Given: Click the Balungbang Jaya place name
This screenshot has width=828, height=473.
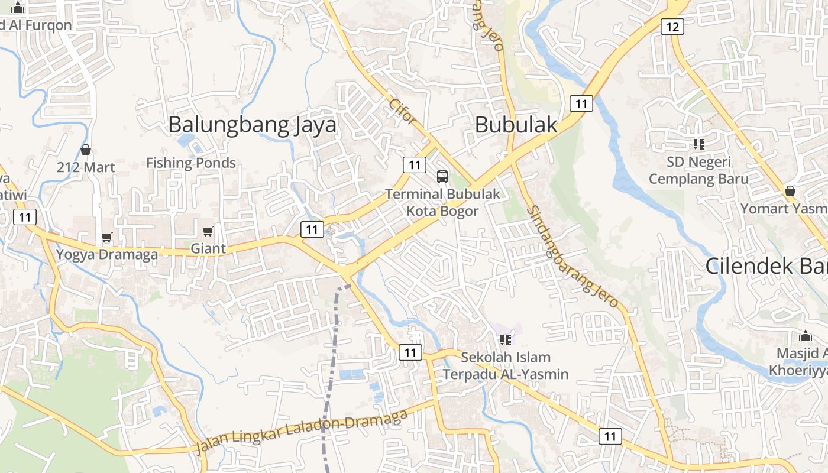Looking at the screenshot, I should pyautogui.click(x=252, y=125).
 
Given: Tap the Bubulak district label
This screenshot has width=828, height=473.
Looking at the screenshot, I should pyautogui.click(x=516, y=125).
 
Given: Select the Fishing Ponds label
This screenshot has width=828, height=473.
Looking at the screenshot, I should pyautogui.click(x=191, y=163).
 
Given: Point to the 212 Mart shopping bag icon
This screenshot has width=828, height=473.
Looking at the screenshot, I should pyautogui.click(x=86, y=150).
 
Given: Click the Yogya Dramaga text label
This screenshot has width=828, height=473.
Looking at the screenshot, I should pyautogui.click(x=107, y=255).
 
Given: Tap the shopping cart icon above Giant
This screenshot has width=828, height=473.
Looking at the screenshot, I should pyautogui.click(x=208, y=231).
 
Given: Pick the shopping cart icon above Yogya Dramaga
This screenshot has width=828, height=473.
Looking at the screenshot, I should pyautogui.click(x=106, y=238).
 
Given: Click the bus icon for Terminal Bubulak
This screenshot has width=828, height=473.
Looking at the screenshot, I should pyautogui.click(x=442, y=176).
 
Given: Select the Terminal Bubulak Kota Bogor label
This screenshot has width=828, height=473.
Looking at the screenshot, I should pyautogui.click(x=442, y=202).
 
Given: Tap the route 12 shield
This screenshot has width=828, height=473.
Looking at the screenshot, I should pyautogui.click(x=673, y=26).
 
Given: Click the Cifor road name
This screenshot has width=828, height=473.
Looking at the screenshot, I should pyautogui.click(x=403, y=110).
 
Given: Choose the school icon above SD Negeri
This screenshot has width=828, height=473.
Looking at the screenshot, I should pyautogui.click(x=698, y=144).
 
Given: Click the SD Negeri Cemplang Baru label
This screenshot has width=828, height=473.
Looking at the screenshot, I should pyautogui.click(x=698, y=170).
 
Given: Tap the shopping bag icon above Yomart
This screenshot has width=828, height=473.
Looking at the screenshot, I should pyautogui.click(x=790, y=192).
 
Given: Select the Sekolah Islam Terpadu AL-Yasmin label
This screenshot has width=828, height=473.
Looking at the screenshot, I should pyautogui.click(x=506, y=365).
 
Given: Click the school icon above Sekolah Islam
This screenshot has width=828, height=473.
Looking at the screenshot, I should pyautogui.click(x=505, y=339).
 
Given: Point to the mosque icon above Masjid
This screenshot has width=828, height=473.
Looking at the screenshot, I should pyautogui.click(x=805, y=336).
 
